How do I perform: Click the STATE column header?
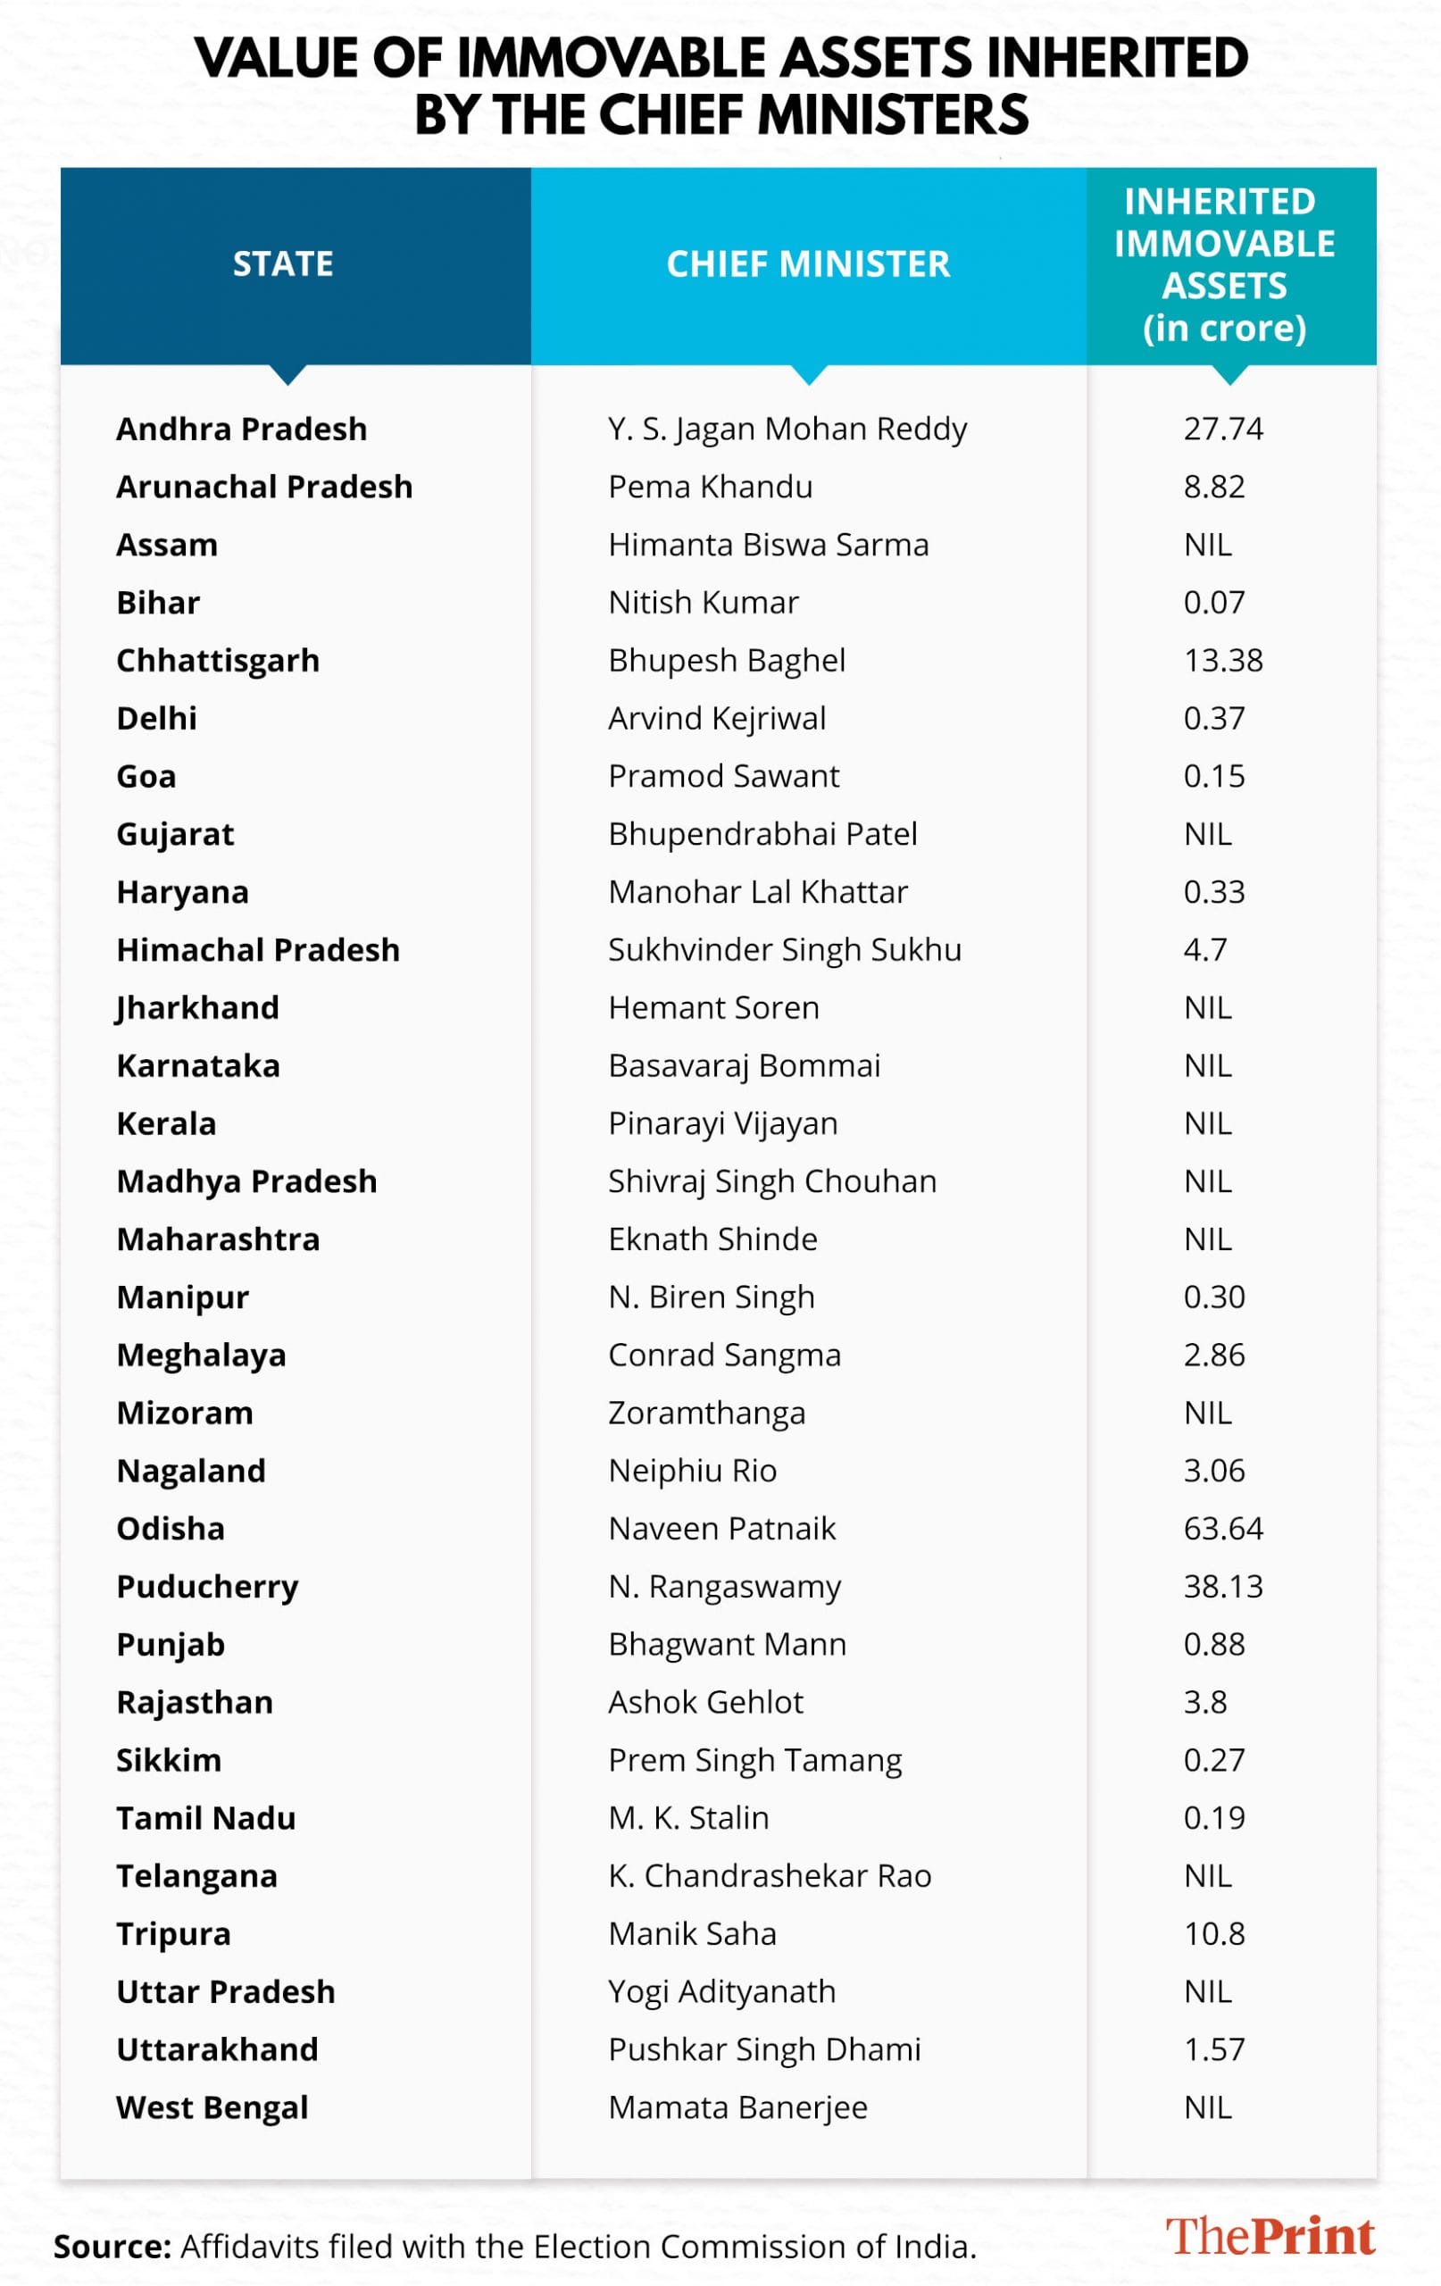(283, 264)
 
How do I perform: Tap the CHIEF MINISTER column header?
(808, 264)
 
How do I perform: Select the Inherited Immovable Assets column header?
(1225, 264)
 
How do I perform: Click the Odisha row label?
(171, 1529)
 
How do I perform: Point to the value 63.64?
(1222, 1529)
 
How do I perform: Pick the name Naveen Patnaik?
(721, 1529)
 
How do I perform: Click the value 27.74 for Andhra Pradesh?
(1222, 430)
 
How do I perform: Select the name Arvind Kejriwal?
(717, 719)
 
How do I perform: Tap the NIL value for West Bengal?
(1207, 2107)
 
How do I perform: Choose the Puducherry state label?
(207, 1586)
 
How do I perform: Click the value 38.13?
(1222, 1586)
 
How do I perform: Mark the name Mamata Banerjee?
(737, 2107)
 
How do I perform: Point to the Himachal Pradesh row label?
(258, 950)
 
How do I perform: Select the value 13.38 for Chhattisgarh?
(1222, 661)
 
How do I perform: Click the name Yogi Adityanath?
(721, 1991)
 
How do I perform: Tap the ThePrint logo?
(1270, 2237)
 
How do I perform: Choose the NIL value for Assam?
(1207, 545)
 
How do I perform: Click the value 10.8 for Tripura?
(1214, 1934)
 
